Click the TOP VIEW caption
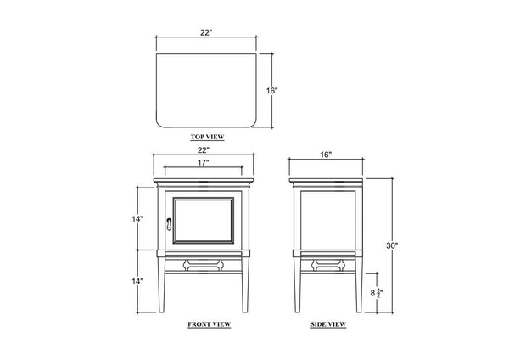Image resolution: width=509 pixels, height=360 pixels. click(x=207, y=137)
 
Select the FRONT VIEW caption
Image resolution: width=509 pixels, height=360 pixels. click(x=210, y=324)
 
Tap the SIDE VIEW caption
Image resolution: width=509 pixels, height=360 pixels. click(x=328, y=324)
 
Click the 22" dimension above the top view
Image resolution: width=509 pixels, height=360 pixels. click(x=206, y=32)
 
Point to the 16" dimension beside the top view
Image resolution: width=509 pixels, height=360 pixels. click(x=272, y=91)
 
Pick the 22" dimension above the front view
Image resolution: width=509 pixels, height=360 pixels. click(x=204, y=150)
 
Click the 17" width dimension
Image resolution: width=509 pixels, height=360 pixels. click(x=204, y=162)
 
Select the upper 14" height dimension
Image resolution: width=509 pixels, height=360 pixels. click(x=137, y=219)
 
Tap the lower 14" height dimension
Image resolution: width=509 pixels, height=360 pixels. click(x=137, y=281)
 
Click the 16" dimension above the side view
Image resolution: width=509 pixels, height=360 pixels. click(x=326, y=155)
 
